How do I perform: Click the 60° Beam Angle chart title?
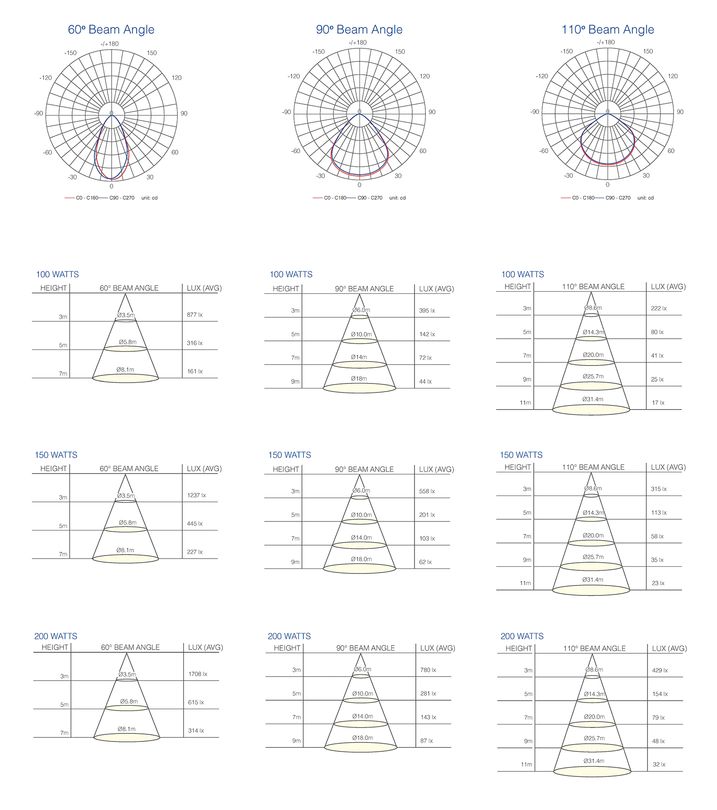[x=111, y=30]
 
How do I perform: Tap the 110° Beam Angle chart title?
[x=608, y=30]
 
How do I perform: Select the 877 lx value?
[x=194, y=315]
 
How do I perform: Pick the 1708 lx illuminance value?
[x=198, y=674]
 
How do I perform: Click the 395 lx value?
[x=427, y=310]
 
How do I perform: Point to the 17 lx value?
[x=658, y=403]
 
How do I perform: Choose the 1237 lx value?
[x=196, y=495]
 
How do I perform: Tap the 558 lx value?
[x=427, y=491]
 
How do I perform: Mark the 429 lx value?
[x=660, y=670]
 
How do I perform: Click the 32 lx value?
[x=659, y=764]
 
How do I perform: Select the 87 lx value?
[x=427, y=741]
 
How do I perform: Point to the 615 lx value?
[x=196, y=702]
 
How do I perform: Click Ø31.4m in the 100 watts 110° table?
[x=593, y=399]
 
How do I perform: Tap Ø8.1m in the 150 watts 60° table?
[x=125, y=550]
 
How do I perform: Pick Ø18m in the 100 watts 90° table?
[x=359, y=379]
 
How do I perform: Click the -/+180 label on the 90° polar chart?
[x=358, y=43]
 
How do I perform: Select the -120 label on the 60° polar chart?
[x=46, y=78]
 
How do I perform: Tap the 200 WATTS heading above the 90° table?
[x=289, y=636]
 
